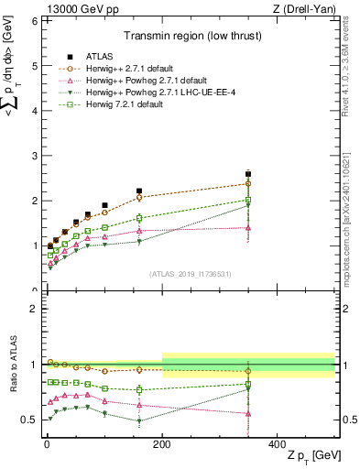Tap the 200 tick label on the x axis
162,442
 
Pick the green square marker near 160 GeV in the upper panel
139,218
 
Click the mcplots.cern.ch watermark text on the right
352,211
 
